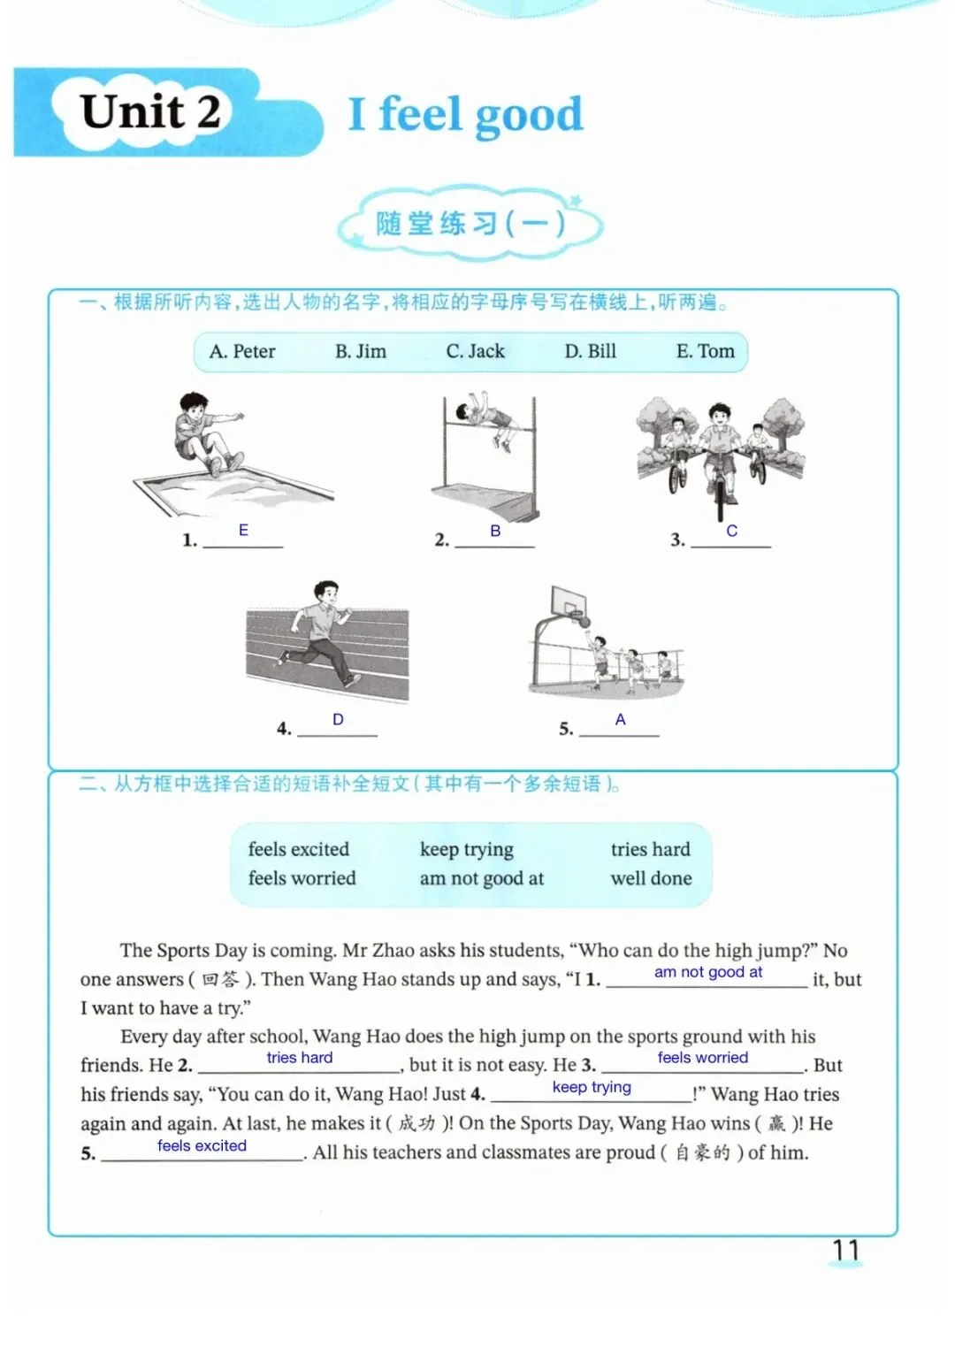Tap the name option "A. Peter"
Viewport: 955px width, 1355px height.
242,351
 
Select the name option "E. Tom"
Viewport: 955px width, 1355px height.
706,351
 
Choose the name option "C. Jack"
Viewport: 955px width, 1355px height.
475,351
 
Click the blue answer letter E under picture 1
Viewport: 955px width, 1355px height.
243,530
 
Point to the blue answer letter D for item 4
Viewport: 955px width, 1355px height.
338,719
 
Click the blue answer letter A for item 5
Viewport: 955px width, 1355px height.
620,719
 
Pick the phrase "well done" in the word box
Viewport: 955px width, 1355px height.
651,878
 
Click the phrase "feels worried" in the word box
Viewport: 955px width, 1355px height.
302,878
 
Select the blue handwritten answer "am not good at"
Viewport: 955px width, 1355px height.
708,973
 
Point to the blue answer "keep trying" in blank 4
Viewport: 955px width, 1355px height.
592,1087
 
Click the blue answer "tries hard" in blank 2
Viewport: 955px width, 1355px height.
300,1058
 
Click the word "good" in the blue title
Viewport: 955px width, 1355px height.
529,116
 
